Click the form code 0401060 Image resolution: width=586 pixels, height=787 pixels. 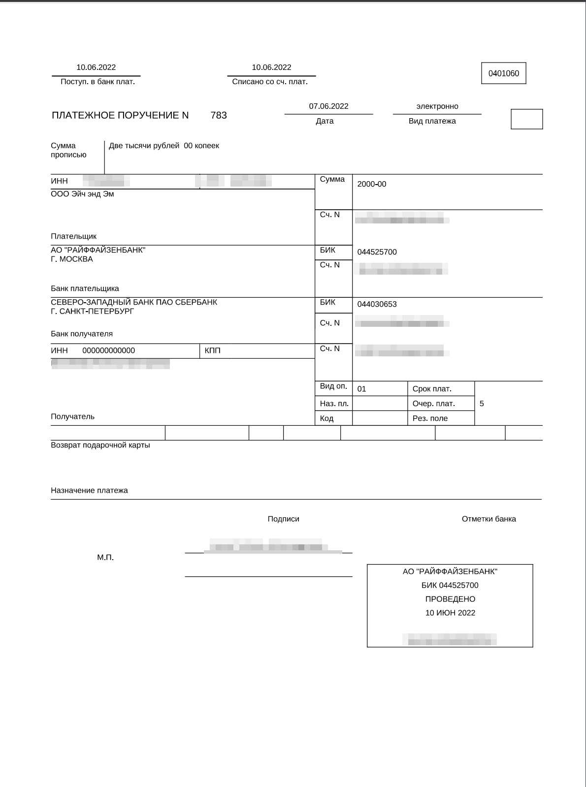[x=503, y=73]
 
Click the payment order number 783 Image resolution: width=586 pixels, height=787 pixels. [x=219, y=115]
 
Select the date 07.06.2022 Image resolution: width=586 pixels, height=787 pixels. [x=328, y=106]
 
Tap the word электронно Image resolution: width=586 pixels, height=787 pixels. [x=437, y=106]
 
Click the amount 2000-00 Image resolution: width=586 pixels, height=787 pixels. [x=372, y=184]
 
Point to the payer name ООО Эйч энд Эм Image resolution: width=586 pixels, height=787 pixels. [x=82, y=194]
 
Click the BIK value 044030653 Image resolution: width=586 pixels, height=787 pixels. [x=377, y=304]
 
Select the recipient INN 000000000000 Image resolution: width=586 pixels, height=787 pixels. [x=108, y=350]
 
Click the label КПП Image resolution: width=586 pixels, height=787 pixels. [x=212, y=350]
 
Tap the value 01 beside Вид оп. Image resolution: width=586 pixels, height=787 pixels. [x=362, y=389]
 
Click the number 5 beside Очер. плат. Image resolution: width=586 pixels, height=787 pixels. [x=482, y=404]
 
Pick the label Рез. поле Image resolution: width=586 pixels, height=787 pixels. [x=430, y=418]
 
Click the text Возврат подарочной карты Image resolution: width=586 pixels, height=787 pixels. [x=100, y=445]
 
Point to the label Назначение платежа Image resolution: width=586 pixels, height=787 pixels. [x=89, y=490]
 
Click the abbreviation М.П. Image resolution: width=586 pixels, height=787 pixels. [x=105, y=558]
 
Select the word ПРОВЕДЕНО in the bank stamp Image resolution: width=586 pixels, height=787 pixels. [x=450, y=599]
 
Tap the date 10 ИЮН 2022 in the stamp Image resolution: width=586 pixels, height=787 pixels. [x=450, y=613]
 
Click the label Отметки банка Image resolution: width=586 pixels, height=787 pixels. [x=488, y=519]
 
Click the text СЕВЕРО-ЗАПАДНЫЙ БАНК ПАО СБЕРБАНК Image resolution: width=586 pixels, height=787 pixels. [x=134, y=302]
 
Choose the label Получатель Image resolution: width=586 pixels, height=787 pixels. [x=72, y=416]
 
